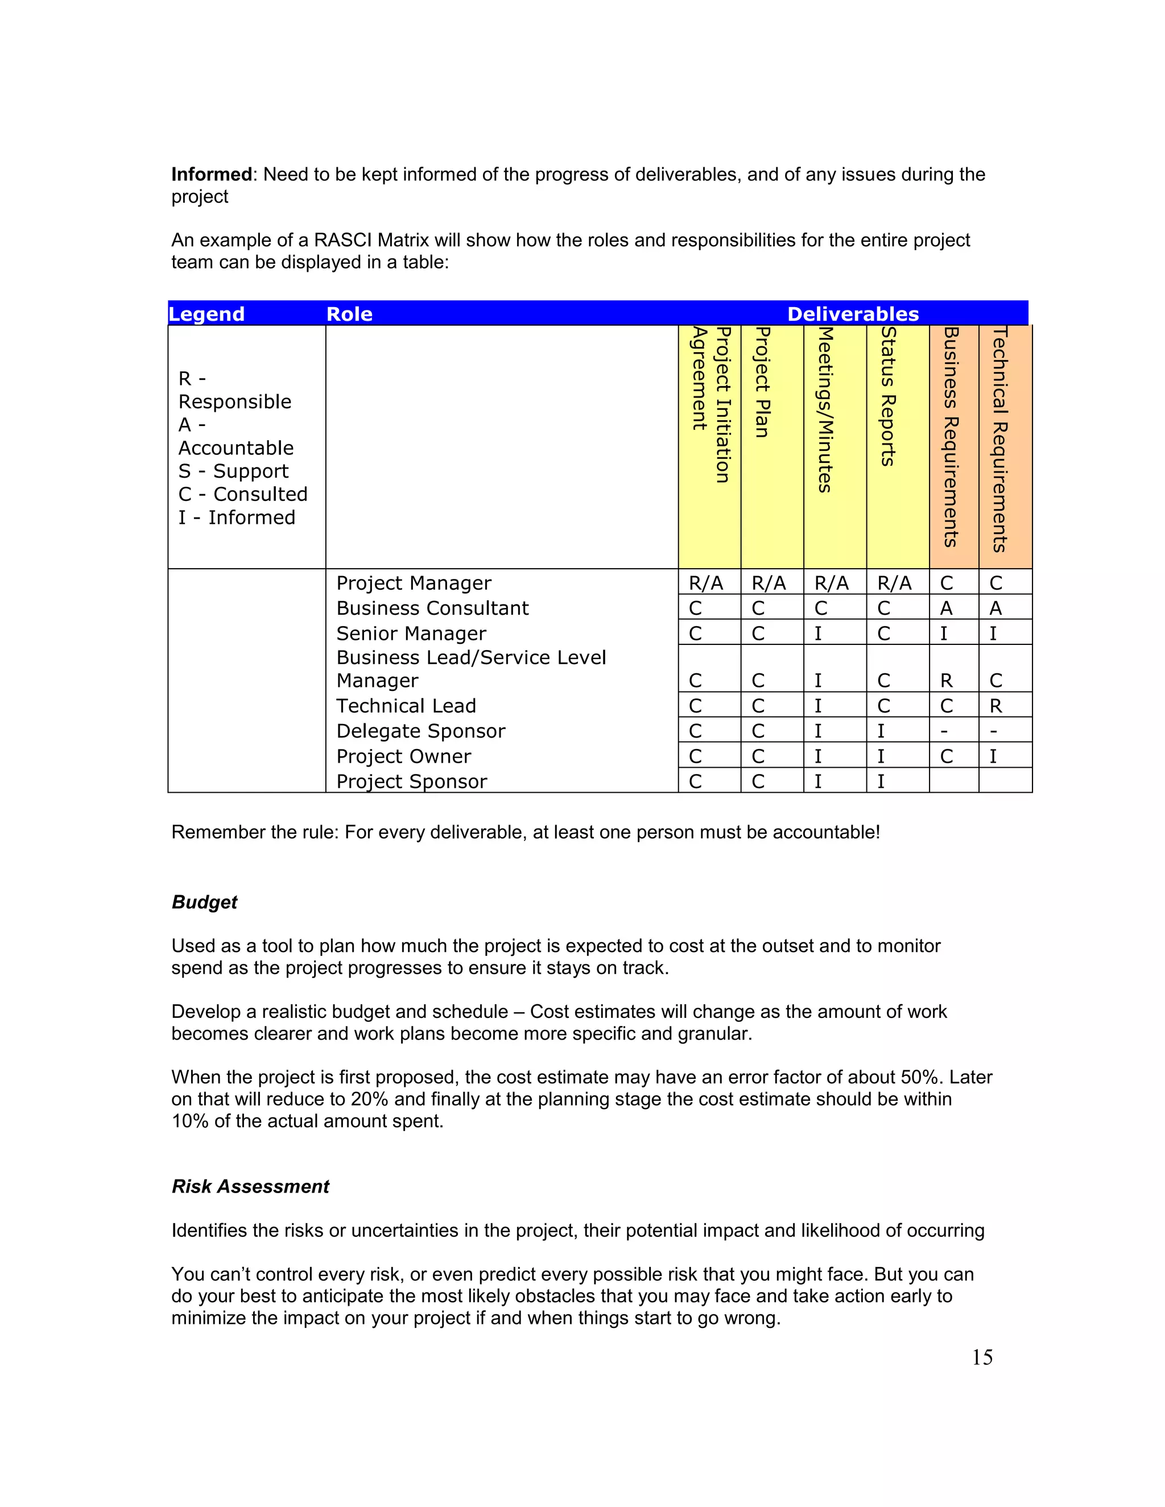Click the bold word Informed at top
pyautogui.click(x=211, y=175)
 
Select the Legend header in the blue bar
pyautogui.click(x=206, y=314)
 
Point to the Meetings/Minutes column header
pyautogui.click(x=825, y=409)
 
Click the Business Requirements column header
pyautogui.click(x=951, y=437)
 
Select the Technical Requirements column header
pyautogui.click(x=1000, y=439)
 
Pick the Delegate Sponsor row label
pyautogui.click(x=420, y=731)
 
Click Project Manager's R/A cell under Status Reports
pyautogui.click(x=894, y=584)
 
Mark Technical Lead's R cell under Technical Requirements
pyautogui.click(x=995, y=706)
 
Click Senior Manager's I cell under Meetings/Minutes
pyautogui.click(x=818, y=634)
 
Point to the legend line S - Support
pyautogui.click(x=233, y=471)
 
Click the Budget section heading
pyautogui.click(x=204, y=902)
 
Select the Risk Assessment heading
pyautogui.click(x=250, y=1186)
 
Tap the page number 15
pyautogui.click(x=981, y=1357)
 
